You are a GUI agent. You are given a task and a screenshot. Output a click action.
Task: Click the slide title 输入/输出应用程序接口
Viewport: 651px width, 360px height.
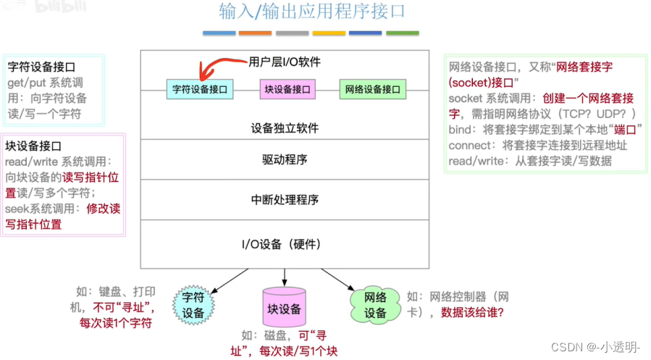coord(312,12)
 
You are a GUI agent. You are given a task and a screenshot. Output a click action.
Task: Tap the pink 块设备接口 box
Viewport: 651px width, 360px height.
coord(287,90)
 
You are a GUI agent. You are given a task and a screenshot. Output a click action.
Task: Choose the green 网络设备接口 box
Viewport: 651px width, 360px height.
coord(372,90)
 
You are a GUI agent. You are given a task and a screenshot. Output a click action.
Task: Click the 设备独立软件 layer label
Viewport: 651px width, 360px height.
coord(285,128)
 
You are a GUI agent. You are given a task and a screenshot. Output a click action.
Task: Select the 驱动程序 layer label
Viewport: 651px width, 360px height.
coord(285,159)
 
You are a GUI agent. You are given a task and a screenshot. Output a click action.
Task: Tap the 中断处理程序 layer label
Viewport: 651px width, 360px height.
coord(285,199)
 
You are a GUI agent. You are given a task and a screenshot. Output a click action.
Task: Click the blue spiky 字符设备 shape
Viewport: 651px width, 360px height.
coord(193,305)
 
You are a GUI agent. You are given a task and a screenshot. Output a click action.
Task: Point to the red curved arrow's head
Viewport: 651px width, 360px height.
coord(205,76)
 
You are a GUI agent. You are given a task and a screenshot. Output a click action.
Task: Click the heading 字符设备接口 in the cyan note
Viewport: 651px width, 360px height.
coord(42,67)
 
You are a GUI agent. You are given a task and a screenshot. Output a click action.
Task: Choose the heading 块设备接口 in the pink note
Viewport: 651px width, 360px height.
coord(34,146)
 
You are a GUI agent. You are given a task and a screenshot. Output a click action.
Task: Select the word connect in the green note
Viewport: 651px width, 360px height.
coord(471,145)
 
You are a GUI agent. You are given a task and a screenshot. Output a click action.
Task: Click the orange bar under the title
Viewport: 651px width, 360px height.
coord(255,33)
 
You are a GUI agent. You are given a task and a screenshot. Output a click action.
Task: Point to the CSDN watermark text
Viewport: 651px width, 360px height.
coord(596,347)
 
